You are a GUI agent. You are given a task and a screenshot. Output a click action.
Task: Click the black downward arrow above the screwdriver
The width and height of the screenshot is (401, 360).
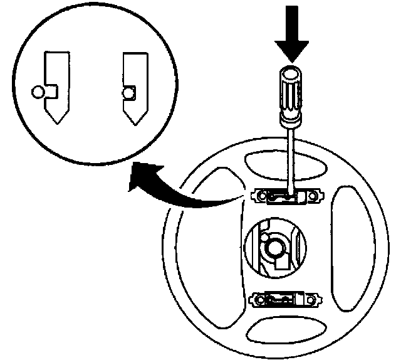click(291, 35)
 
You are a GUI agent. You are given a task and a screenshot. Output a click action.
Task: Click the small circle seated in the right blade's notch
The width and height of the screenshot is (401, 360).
click(129, 93)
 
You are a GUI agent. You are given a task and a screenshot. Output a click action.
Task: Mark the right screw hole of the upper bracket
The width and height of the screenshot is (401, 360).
click(316, 198)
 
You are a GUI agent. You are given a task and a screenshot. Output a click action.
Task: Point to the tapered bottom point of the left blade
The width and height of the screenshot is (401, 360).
click(57, 120)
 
